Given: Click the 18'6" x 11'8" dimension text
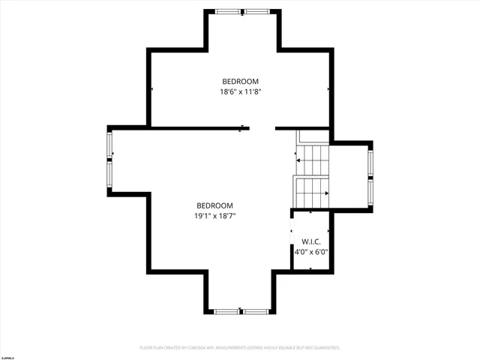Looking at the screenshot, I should coord(240,92).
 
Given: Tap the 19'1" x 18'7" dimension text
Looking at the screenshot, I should coord(214,217).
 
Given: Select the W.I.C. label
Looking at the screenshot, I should coord(311,241).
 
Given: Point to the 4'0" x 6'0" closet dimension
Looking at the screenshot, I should coord(311,252).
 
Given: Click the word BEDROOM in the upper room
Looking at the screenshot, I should coord(240,81).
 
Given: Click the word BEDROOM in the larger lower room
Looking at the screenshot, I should coord(214,205).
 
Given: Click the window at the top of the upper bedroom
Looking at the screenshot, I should coord(242,11).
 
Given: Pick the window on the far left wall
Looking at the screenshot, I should coord(109,158).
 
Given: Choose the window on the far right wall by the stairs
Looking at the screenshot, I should coord(370,175).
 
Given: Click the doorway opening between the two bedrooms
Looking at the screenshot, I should coord(262,128).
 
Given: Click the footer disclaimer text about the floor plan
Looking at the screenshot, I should coord(240,348).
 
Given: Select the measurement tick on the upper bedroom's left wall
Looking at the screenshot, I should coord(151,88).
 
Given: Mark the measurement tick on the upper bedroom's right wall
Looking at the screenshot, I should coord(328,88).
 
